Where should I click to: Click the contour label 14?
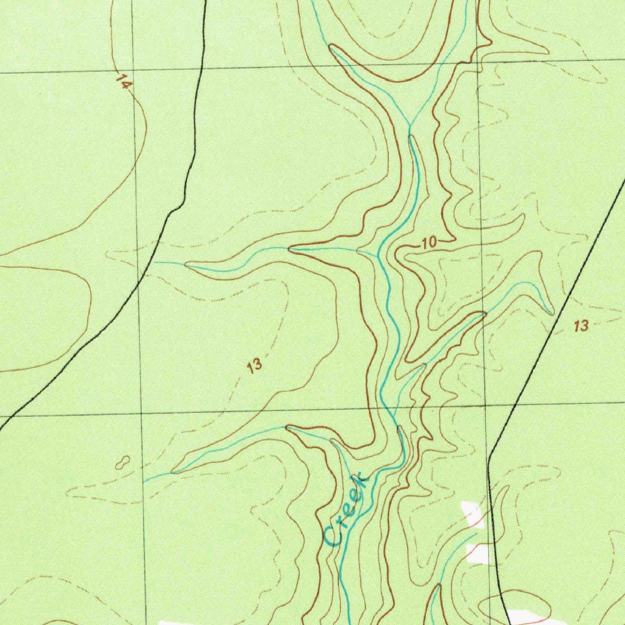(x=123, y=82)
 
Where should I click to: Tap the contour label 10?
(x=429, y=243)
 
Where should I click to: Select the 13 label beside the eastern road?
(x=581, y=326)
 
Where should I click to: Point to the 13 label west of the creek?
(x=255, y=366)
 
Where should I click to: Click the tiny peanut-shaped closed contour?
(x=122, y=462)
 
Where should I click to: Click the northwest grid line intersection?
(x=135, y=70)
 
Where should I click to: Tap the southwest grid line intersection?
(x=142, y=414)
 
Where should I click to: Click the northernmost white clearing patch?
(x=473, y=515)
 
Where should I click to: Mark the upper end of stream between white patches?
(x=475, y=533)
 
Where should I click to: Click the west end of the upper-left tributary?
(x=155, y=262)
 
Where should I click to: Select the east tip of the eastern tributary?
(x=552, y=314)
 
